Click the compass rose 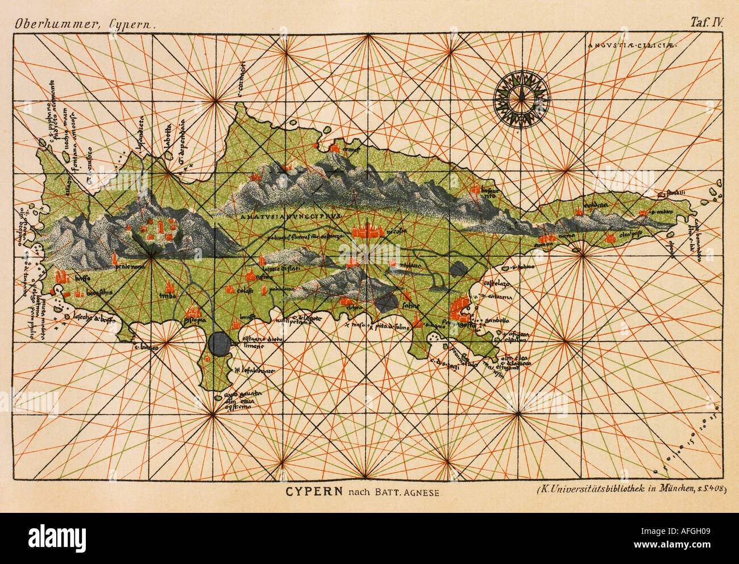pyautogui.click(x=521, y=100)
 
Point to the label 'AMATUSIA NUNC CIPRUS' pyautogui.click(x=289, y=216)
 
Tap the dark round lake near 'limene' pyautogui.click(x=219, y=342)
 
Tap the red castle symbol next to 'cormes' pyautogui.click(x=334, y=148)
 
